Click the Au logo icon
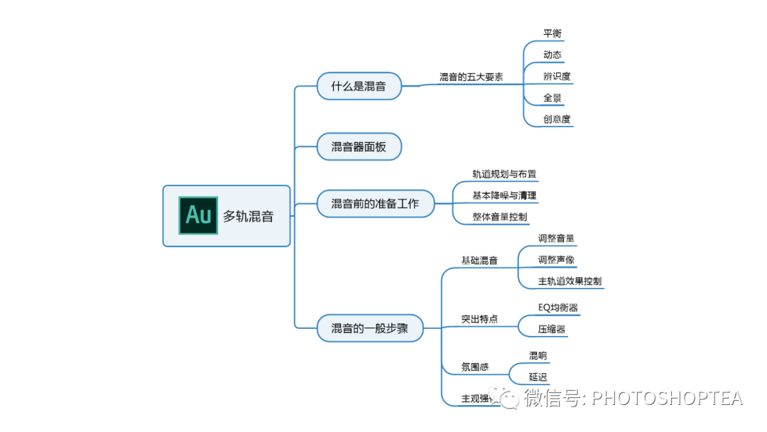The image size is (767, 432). tap(198, 215)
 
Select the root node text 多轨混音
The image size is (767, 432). tap(248, 217)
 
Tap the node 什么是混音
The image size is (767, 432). tap(359, 86)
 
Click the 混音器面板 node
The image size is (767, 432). tap(359, 146)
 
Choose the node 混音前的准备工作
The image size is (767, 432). tap(375, 204)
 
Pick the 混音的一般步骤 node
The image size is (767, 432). tap(369, 328)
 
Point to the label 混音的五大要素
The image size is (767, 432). tap(471, 77)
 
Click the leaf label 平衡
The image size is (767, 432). tap(553, 33)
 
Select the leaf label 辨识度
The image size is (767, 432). tap(557, 76)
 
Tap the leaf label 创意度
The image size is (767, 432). tap(557, 119)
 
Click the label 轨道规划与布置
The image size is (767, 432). tap(504, 174)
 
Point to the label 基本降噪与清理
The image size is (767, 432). tap(504, 195)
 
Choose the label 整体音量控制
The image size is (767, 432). tap(500, 217)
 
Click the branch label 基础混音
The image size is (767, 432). tap(479, 261)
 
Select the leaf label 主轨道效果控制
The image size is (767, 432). tap(570, 281)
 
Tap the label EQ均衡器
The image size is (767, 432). tap(557, 308)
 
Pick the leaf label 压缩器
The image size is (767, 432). tap(552, 329)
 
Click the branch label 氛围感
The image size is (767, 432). tap(475, 367)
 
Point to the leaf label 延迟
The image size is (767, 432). tap(538, 377)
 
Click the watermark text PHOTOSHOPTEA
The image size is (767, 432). tap(667, 399)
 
